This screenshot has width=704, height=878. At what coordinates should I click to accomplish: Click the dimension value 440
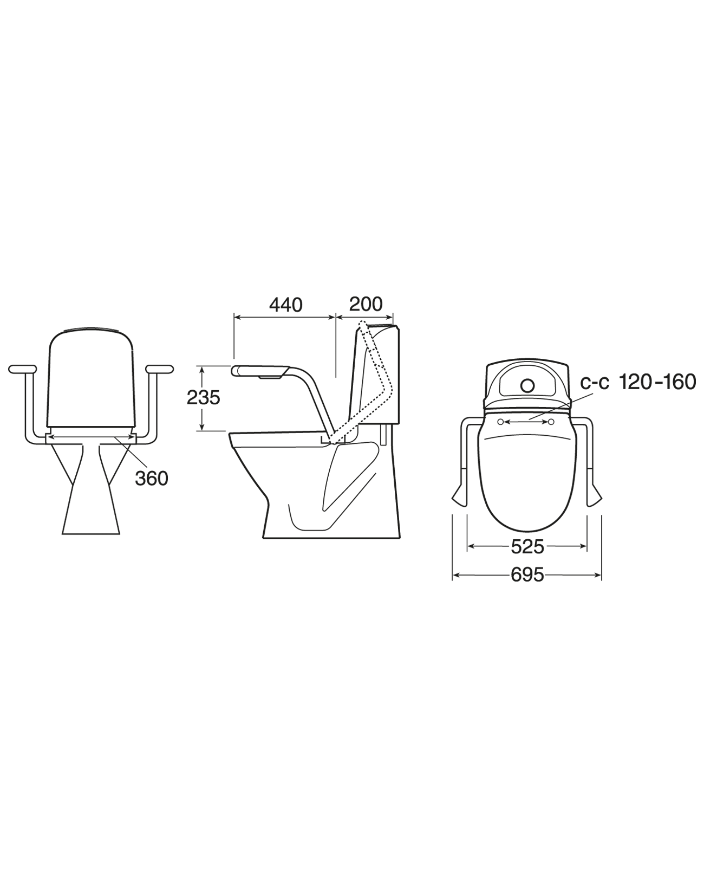pyautogui.click(x=285, y=305)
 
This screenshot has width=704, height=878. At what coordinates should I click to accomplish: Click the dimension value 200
pyautogui.click(x=366, y=304)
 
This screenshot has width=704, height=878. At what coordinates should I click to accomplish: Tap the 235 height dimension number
pyautogui.click(x=203, y=398)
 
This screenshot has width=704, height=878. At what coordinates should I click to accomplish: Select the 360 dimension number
pyautogui.click(x=151, y=478)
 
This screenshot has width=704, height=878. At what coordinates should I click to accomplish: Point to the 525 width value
pyautogui.click(x=527, y=547)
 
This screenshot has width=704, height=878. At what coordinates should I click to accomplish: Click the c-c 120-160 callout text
pyautogui.click(x=638, y=382)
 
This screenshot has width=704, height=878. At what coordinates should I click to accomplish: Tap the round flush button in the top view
pyautogui.click(x=527, y=385)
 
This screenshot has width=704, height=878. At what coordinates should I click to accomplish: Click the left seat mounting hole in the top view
pyautogui.click(x=501, y=422)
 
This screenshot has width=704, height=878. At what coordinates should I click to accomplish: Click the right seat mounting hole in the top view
pyautogui.click(x=552, y=422)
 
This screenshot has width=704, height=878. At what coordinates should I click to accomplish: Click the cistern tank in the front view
pyautogui.click(x=90, y=379)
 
